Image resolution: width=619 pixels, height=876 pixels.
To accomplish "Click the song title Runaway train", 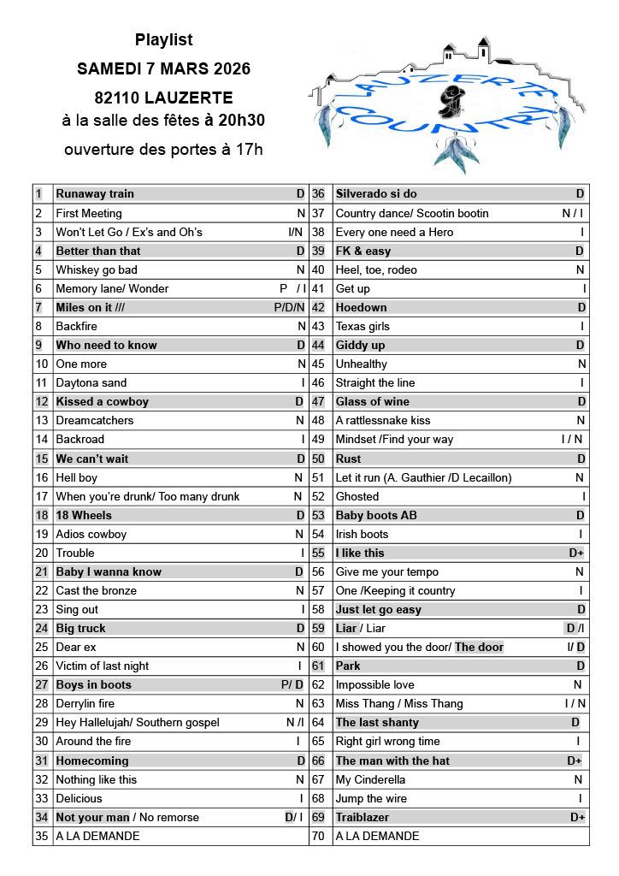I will pyautogui.click(x=95, y=194).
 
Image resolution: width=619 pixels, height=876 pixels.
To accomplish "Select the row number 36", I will pyautogui.click(x=317, y=194).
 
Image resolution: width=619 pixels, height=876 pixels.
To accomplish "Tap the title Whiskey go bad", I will pyautogui.click(x=97, y=269).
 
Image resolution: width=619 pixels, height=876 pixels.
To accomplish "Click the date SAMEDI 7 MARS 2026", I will pyautogui.click(x=163, y=68).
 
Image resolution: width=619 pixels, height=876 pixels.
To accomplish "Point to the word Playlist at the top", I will pyautogui.click(x=163, y=40).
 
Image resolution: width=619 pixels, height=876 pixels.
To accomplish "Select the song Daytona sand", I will pyautogui.click(x=91, y=382).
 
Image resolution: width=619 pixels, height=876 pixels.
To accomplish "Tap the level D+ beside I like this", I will pyautogui.click(x=576, y=553).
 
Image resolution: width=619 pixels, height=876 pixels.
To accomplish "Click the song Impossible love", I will pyautogui.click(x=374, y=684).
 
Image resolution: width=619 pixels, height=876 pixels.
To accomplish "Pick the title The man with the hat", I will pyautogui.click(x=392, y=761).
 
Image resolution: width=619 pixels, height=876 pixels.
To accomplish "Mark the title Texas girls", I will pyautogui.click(x=363, y=326).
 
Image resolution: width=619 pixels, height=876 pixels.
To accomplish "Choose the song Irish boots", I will pyautogui.click(x=362, y=534).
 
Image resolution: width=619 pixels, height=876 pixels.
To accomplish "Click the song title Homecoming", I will pyautogui.click(x=92, y=761).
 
